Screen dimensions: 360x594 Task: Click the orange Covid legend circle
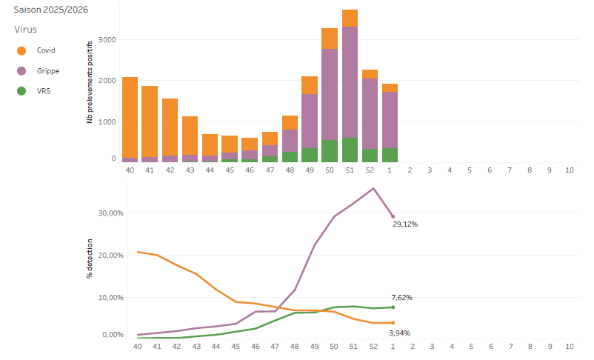tap(21, 50)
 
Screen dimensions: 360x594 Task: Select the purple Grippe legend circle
tap(21, 71)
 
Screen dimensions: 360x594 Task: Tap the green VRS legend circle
tap(21, 91)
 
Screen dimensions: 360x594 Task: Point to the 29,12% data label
tap(405, 223)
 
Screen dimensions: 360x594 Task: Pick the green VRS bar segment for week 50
tap(330, 151)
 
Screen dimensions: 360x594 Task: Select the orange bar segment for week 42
tap(170, 127)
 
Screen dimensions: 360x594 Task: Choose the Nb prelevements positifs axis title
tap(90, 81)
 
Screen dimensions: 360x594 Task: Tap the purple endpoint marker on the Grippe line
tap(393, 216)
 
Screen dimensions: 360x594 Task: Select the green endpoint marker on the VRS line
tap(393, 307)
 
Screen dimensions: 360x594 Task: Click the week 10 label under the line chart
tap(569, 346)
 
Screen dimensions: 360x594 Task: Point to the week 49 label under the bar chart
tap(310, 170)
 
